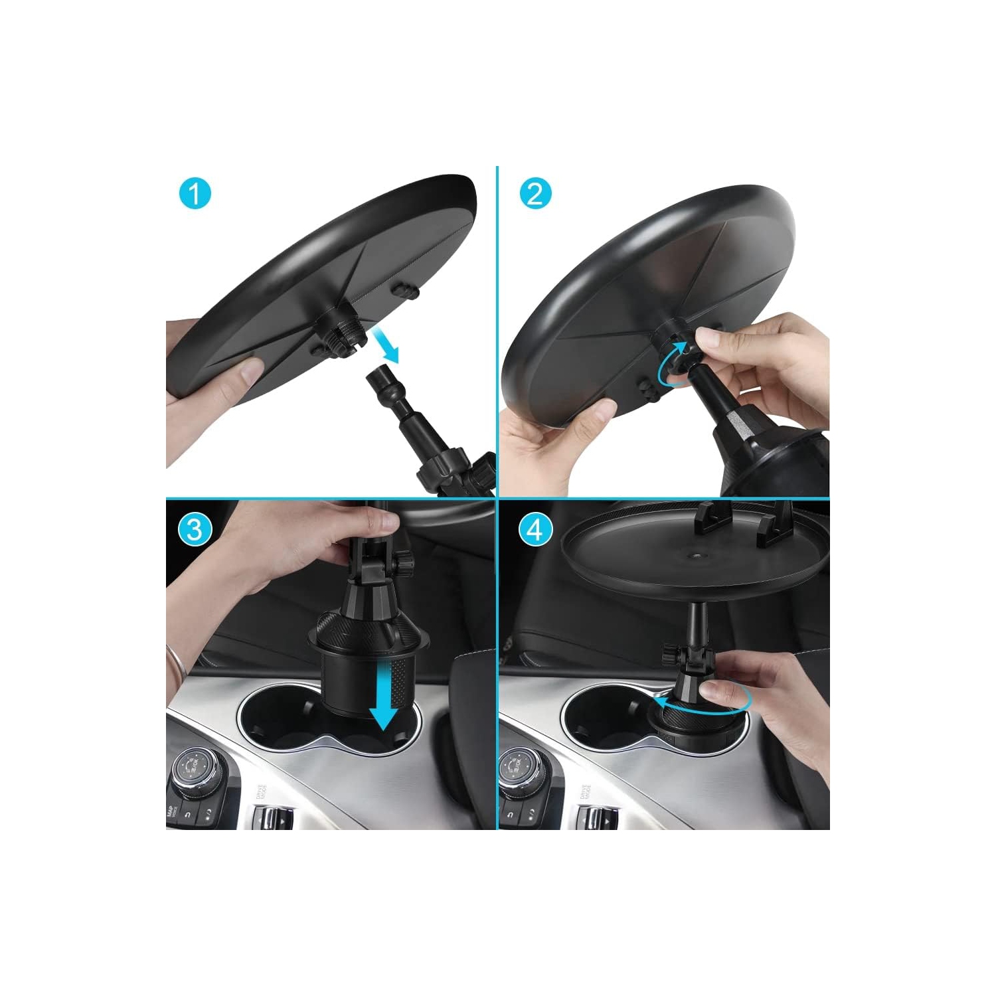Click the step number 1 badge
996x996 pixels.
coord(195,194)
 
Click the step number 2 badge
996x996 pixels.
coord(535,194)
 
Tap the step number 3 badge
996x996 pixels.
coord(195,529)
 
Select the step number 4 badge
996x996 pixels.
coord(535,529)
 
